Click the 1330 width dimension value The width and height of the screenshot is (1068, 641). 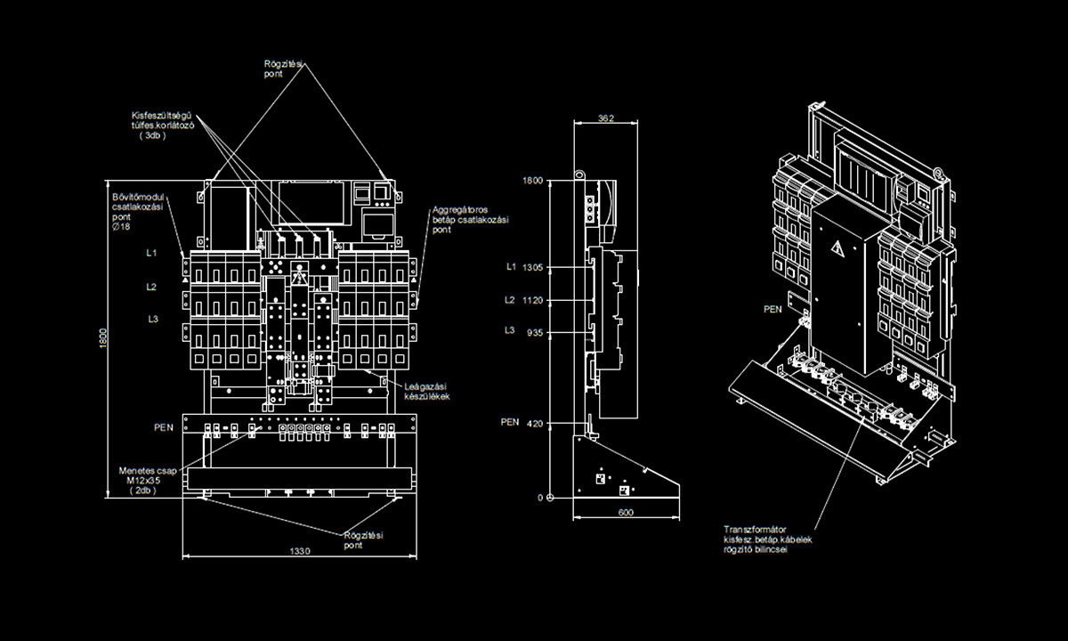click(299, 552)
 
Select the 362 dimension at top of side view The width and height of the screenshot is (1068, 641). click(606, 118)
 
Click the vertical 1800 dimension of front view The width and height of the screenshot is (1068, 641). click(103, 339)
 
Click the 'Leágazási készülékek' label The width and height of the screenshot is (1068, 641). click(427, 391)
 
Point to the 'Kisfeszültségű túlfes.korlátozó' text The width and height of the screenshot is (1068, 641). click(163, 125)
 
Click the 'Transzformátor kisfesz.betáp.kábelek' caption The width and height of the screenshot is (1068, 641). click(767, 539)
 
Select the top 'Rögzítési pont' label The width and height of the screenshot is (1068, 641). click(285, 69)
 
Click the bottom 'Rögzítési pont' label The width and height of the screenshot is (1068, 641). click(363, 540)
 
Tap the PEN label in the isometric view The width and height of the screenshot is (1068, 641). click(773, 310)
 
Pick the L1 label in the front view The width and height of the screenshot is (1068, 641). click(152, 253)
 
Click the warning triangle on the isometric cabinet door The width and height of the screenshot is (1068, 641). click(837, 248)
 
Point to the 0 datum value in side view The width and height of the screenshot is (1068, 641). click(539, 498)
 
